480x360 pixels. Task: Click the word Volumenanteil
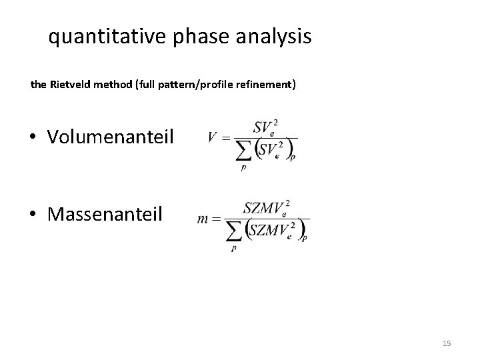[x=110, y=137]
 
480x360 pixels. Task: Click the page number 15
[x=447, y=343]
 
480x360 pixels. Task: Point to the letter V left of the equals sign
[x=213, y=138]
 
